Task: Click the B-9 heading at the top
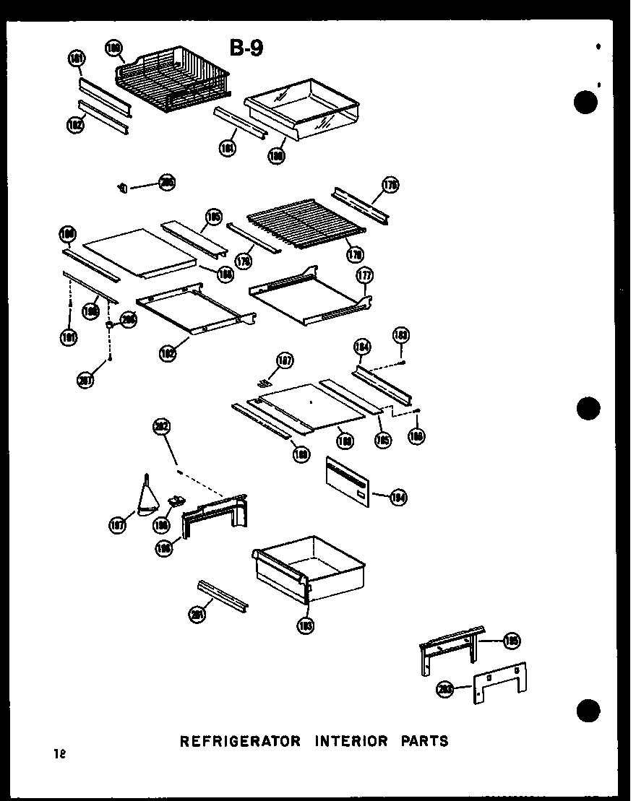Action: point(246,48)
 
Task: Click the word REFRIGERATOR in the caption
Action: point(239,740)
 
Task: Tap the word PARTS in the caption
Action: point(422,740)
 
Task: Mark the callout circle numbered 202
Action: point(160,428)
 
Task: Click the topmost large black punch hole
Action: point(587,103)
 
